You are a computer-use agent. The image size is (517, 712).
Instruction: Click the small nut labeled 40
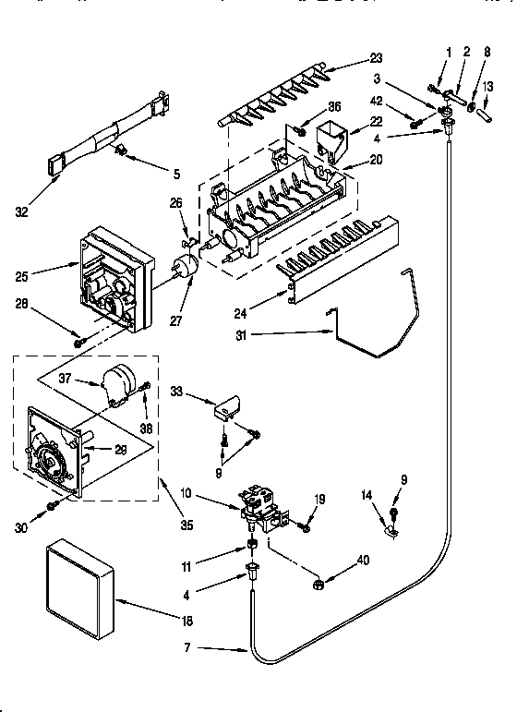coord(316,583)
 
